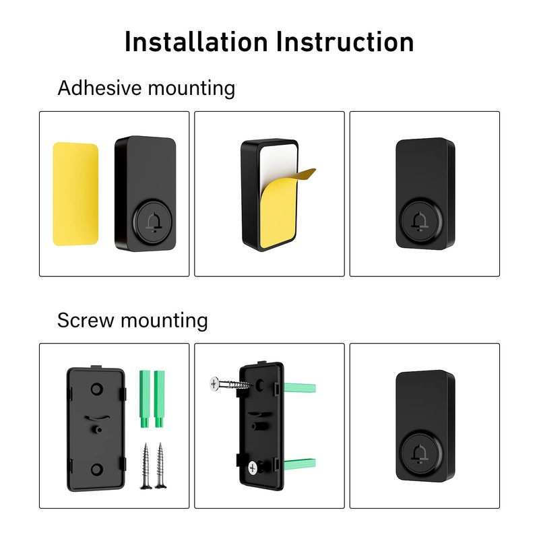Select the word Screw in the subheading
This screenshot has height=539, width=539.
tap(86, 320)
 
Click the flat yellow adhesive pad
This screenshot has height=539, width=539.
tap(75, 193)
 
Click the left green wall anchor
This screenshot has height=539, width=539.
tap(144, 398)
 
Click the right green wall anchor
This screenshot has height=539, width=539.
tap(160, 398)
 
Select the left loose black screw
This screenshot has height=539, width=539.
tap(146, 465)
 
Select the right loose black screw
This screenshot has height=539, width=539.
tap(161, 465)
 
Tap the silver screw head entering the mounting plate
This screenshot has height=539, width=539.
tap(214, 384)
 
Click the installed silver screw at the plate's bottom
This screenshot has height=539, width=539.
tap(254, 466)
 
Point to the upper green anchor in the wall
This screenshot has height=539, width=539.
tap(299, 388)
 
